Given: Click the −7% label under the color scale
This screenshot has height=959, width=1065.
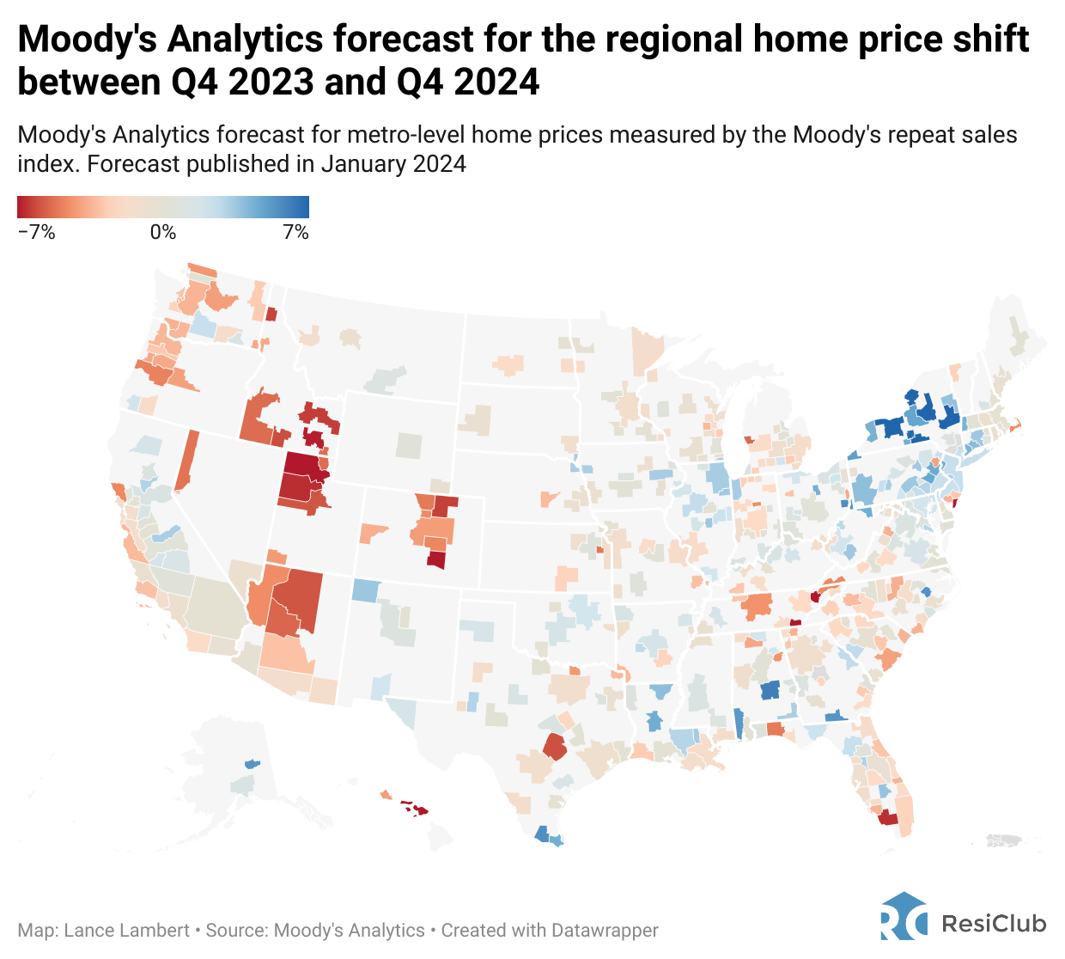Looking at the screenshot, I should (x=36, y=233).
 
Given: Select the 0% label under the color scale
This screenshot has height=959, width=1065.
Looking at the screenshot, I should (x=162, y=233).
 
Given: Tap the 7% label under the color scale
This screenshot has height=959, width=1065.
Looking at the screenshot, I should (x=295, y=233).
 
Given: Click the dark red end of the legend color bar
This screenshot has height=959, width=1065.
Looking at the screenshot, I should (x=23, y=207).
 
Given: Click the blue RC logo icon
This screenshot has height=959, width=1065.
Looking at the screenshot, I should (x=904, y=916).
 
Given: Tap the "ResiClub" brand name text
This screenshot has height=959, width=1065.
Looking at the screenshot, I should (x=994, y=924).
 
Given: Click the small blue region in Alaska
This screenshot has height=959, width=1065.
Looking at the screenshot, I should (x=252, y=763).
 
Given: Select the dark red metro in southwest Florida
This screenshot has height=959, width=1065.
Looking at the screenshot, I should (x=887, y=818).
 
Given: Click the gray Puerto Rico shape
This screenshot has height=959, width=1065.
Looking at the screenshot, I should (x=1004, y=840).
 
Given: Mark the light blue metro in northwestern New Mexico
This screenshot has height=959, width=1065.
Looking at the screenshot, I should (x=365, y=590).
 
